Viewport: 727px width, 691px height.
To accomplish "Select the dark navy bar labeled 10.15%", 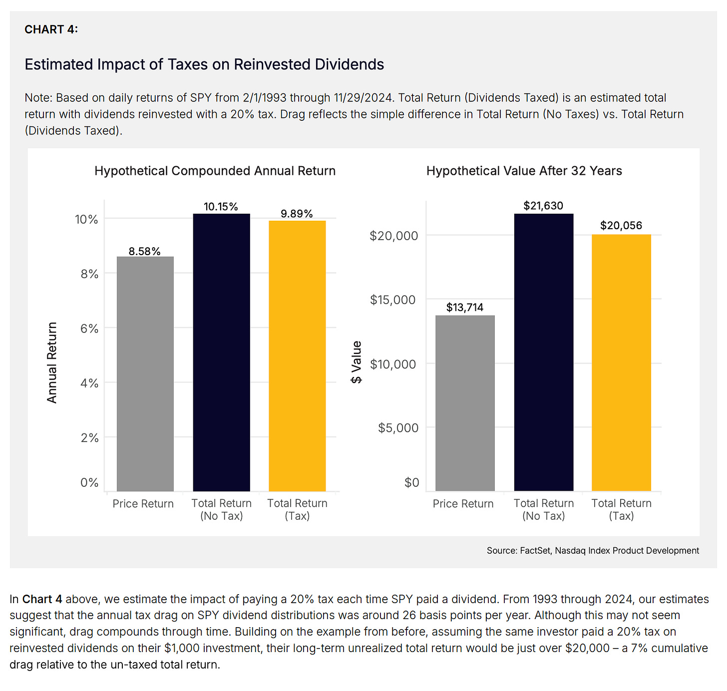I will pyautogui.click(x=221, y=352).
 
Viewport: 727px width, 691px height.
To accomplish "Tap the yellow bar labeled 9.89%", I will pyautogui.click(x=297, y=355).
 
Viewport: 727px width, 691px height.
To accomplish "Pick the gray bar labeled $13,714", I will pyautogui.click(x=465, y=403).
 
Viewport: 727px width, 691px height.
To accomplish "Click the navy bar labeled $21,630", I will pyautogui.click(x=544, y=352).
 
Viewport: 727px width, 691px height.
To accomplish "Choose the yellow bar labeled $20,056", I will pyautogui.click(x=621, y=362).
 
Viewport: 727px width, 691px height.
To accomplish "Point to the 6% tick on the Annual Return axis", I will pyautogui.click(x=90, y=329).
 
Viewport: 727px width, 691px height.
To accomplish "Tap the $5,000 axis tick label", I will pyautogui.click(x=398, y=428).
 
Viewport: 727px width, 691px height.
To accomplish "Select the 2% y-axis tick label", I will pyautogui.click(x=90, y=438).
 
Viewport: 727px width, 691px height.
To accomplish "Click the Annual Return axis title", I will pyautogui.click(x=52, y=362).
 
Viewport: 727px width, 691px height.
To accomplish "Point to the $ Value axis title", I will pyautogui.click(x=356, y=362).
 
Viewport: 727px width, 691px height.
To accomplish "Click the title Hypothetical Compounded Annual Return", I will pyautogui.click(x=215, y=171).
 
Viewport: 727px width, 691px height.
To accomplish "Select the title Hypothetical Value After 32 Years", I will pyautogui.click(x=524, y=171).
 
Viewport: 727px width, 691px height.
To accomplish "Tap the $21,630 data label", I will pyautogui.click(x=543, y=206).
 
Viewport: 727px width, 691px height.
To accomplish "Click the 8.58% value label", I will pyautogui.click(x=145, y=251).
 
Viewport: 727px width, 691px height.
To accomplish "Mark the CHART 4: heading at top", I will pyautogui.click(x=51, y=29).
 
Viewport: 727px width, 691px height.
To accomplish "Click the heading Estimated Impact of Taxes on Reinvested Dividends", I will pyautogui.click(x=204, y=64).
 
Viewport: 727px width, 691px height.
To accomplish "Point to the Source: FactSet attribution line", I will pyautogui.click(x=593, y=550).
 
